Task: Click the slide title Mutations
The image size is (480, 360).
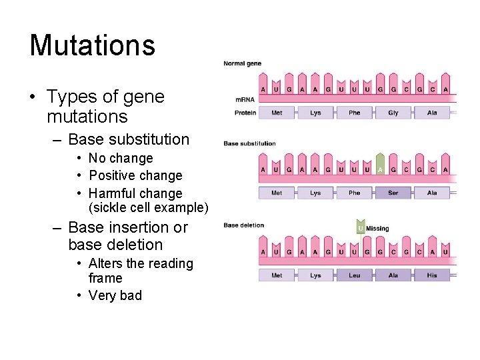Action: click(92, 45)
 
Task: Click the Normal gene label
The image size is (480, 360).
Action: click(243, 64)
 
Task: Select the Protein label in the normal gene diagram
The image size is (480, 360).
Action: click(245, 113)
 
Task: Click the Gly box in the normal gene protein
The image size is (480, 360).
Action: click(393, 113)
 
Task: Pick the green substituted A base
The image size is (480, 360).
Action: click(380, 169)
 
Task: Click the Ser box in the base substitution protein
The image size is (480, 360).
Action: click(393, 193)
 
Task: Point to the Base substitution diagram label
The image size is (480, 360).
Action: click(249, 143)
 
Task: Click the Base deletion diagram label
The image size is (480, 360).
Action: click(244, 225)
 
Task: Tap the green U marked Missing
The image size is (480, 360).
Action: click(361, 229)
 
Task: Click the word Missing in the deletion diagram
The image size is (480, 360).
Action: click(377, 229)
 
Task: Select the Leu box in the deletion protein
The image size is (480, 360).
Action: click(354, 275)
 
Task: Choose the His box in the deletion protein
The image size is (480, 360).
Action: click(432, 275)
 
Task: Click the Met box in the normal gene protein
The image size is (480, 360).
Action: click(277, 113)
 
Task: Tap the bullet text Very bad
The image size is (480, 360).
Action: click(115, 295)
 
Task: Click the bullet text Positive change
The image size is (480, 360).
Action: click(135, 176)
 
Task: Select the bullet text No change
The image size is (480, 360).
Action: click(121, 159)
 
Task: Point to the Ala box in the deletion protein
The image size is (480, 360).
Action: click(393, 275)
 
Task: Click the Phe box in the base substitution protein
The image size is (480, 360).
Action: click(354, 193)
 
